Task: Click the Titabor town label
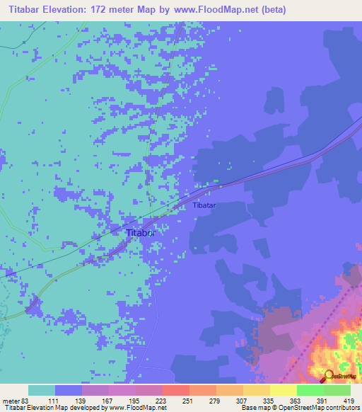[139, 232]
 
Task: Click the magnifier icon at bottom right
[328, 377]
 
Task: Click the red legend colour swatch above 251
[175, 390]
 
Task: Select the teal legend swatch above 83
[41, 390]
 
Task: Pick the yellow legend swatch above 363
[283, 390]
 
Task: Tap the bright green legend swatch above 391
[310, 390]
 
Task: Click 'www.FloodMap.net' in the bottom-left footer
[137, 408]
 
